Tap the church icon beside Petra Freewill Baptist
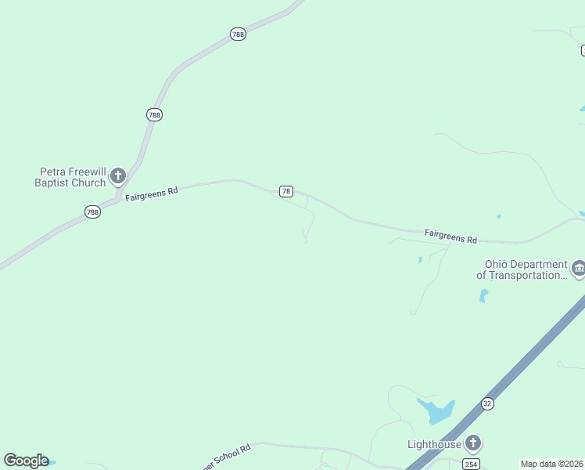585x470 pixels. coord(118,175)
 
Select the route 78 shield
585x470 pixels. coord(286,191)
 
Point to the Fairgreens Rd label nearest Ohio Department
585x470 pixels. coord(450,235)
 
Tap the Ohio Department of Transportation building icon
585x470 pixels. coord(579,269)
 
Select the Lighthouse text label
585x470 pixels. coord(434,444)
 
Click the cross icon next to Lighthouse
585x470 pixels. coord(472,443)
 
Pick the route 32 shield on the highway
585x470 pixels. coord(487,403)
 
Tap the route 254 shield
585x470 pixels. coord(471,465)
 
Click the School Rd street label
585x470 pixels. coord(226,453)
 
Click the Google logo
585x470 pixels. coord(26,461)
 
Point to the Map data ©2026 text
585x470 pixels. coord(552,464)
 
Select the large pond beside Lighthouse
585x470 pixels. coord(436,410)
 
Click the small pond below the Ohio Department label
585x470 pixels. coord(483,296)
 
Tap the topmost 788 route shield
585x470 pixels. coord(239,34)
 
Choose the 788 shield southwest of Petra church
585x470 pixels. coord(93,211)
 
